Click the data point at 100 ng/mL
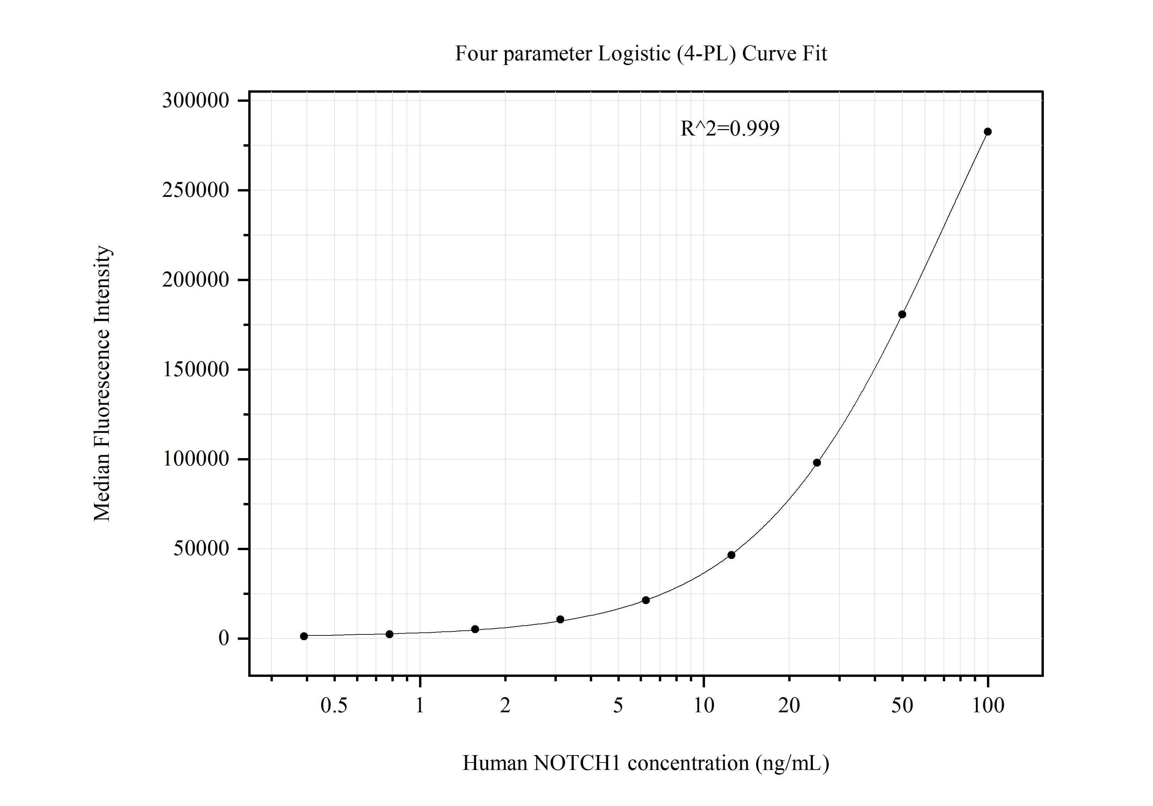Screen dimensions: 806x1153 [x=987, y=132]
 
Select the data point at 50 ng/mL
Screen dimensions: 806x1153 [x=902, y=315]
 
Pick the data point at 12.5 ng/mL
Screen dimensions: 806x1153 [x=731, y=555]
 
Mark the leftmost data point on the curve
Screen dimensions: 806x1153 [x=304, y=636]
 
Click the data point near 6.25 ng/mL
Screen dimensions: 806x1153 [x=646, y=600]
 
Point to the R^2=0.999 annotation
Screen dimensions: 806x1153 [x=730, y=129]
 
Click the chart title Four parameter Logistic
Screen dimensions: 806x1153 [x=640, y=53]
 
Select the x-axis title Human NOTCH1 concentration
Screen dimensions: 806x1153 [x=645, y=763]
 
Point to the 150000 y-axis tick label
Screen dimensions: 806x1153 [x=195, y=370]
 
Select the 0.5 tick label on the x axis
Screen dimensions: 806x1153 [x=334, y=706]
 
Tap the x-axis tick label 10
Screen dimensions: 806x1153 [x=704, y=706]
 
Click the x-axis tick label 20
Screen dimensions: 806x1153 [x=789, y=706]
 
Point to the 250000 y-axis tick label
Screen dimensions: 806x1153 [x=195, y=190]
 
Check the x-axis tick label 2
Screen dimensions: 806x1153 [x=505, y=706]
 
